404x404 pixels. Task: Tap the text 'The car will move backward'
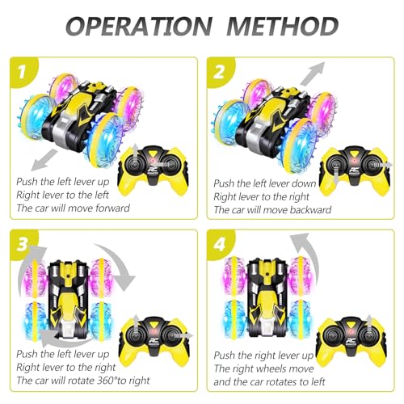point(272,211)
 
